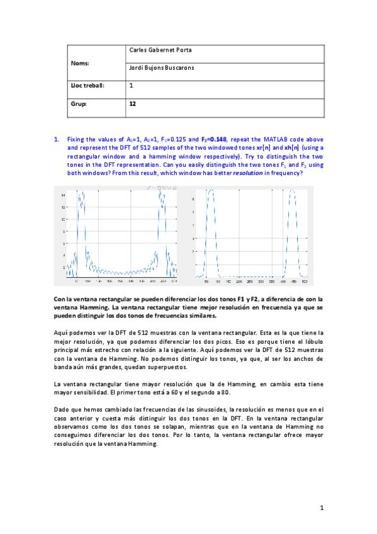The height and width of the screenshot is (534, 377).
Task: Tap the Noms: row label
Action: tap(79, 64)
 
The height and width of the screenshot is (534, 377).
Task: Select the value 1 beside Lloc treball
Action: tap(131, 85)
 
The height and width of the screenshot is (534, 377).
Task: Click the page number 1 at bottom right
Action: tap(320, 507)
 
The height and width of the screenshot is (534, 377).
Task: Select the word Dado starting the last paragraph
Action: tap(61, 410)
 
